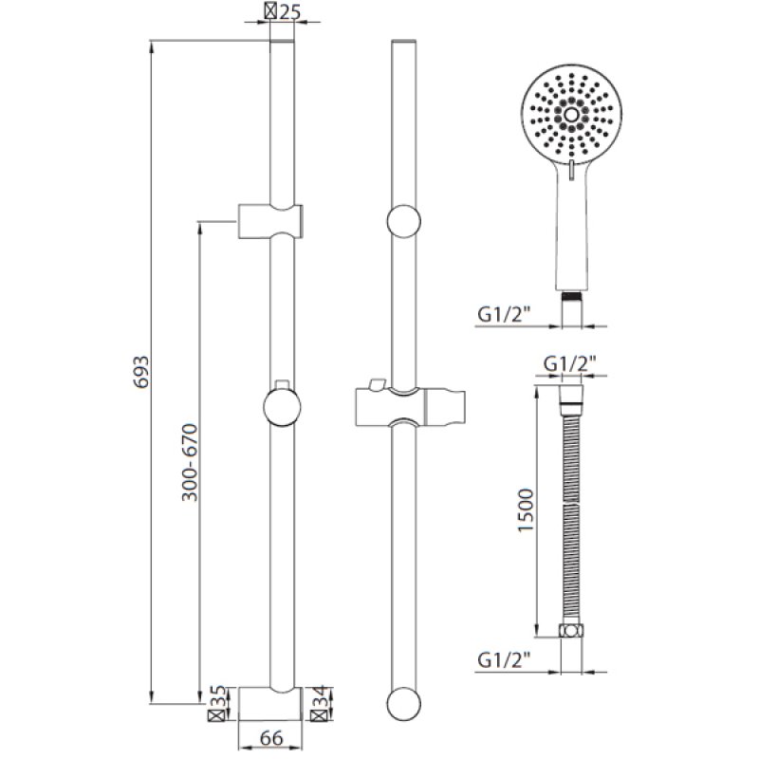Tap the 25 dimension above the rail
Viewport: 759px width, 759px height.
(291, 13)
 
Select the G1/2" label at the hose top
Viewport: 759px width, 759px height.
(570, 363)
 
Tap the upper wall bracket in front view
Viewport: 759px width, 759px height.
(270, 220)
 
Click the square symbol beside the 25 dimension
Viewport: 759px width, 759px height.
(272, 13)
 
